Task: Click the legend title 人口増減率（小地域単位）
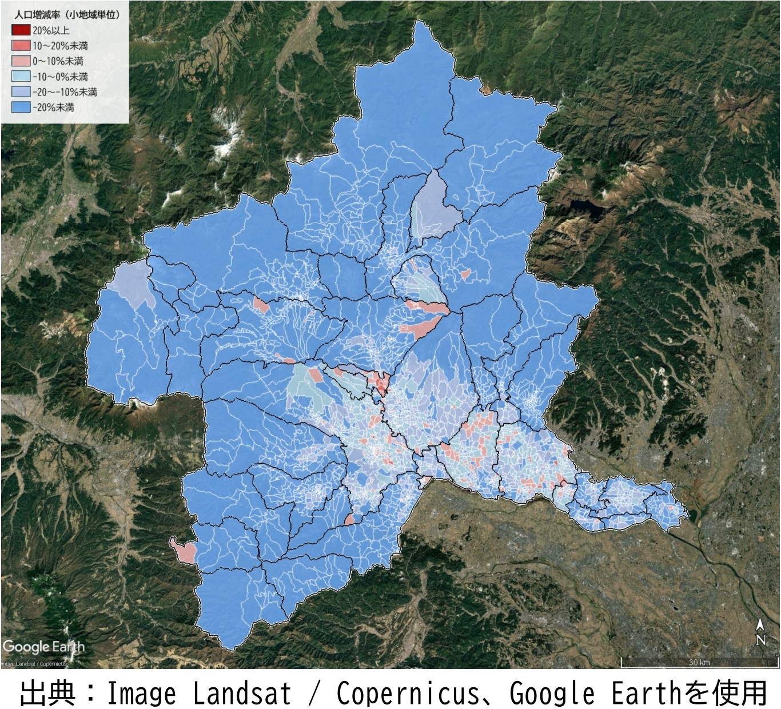pyautogui.click(x=67, y=15)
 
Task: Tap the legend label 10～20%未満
pyautogui.click(x=60, y=46)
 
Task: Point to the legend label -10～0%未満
pyautogui.click(x=60, y=77)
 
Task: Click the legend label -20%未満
pyautogui.click(x=53, y=107)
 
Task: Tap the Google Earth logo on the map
pyautogui.click(x=43, y=647)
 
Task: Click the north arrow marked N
pyautogui.click(x=760, y=632)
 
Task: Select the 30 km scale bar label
pyautogui.click(x=699, y=662)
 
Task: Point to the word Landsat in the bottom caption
pyautogui.click(x=241, y=694)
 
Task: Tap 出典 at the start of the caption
pyautogui.click(x=48, y=694)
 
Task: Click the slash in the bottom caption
pyautogui.click(x=313, y=694)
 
